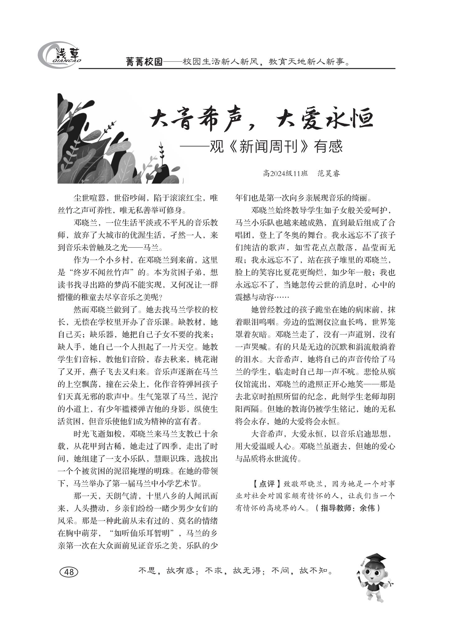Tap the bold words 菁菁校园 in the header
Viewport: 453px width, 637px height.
(144, 62)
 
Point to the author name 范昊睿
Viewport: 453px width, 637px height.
(329, 173)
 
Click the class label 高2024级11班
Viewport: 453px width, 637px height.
(285, 173)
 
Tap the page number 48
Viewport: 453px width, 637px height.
(69, 572)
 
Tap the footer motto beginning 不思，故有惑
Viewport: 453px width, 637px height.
(236, 571)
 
